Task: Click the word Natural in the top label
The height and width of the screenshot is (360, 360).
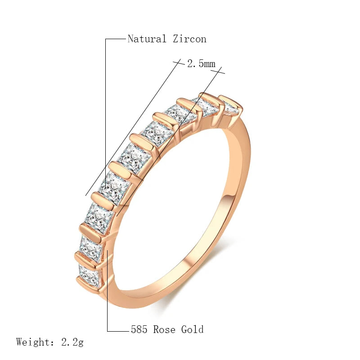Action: pos(147,39)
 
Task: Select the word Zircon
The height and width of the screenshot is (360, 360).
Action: pos(189,39)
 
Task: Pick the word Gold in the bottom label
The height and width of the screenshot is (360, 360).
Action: pos(192,329)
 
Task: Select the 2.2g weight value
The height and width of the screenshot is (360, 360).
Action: pos(72,342)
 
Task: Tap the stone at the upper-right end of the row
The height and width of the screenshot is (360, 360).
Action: pos(230,108)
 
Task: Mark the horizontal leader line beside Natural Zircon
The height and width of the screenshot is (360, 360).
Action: pos(116,39)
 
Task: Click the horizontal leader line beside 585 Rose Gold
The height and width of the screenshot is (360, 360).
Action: pos(118,331)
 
